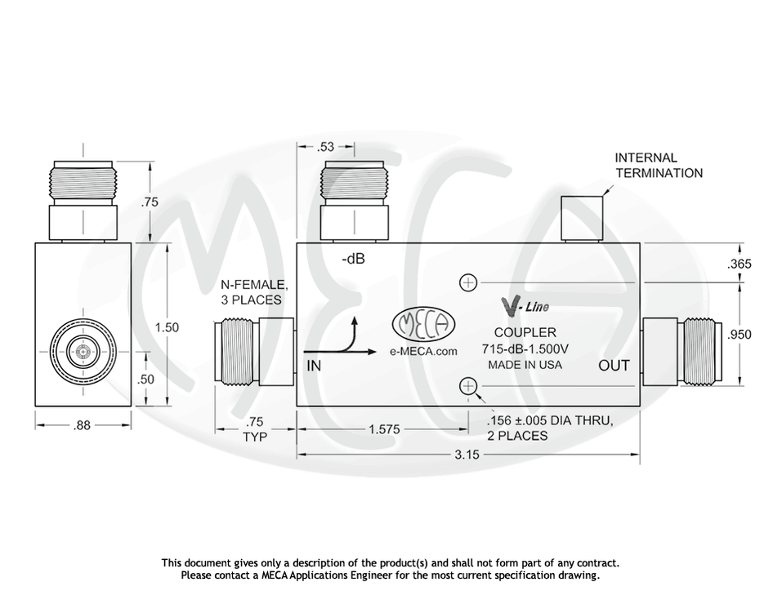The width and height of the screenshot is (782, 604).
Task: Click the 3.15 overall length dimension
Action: tap(467, 455)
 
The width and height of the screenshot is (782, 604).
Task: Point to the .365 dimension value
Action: tap(739, 264)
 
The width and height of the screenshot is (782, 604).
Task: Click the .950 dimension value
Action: tap(739, 334)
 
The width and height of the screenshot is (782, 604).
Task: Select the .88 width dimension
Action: tap(83, 424)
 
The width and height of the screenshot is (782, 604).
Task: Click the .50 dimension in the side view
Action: tap(147, 380)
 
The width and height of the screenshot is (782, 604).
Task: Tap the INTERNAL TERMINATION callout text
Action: tap(659, 165)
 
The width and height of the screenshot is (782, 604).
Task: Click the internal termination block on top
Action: tap(581, 219)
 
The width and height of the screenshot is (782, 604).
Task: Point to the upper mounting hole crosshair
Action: tap(469, 283)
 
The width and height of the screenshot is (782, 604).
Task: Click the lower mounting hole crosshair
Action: tap(469, 386)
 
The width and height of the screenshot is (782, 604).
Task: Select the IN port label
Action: tap(314, 366)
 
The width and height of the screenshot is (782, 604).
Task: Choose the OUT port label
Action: tap(614, 365)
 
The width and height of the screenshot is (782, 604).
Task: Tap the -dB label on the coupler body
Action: tap(353, 260)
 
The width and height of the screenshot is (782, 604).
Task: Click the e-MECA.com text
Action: tap(423, 351)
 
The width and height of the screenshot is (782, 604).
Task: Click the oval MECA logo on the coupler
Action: tap(423, 324)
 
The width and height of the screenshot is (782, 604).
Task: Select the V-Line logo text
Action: tap(524, 307)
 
